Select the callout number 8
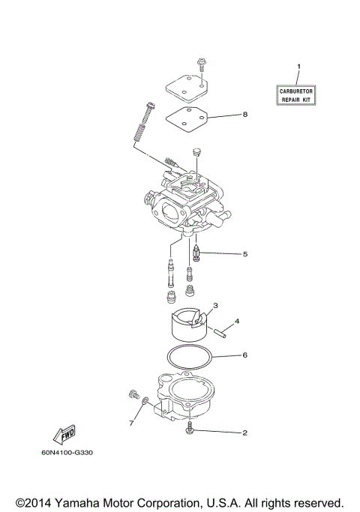pyautogui.click(x=244, y=115)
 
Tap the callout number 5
pyautogui.click(x=244, y=254)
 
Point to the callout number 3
pyautogui.click(x=215, y=306)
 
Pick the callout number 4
pyautogui.click(x=237, y=322)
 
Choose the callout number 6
pyautogui.click(x=244, y=355)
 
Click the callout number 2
pyautogui.click(x=244, y=433)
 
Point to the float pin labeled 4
pyautogui.click(x=218, y=331)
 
